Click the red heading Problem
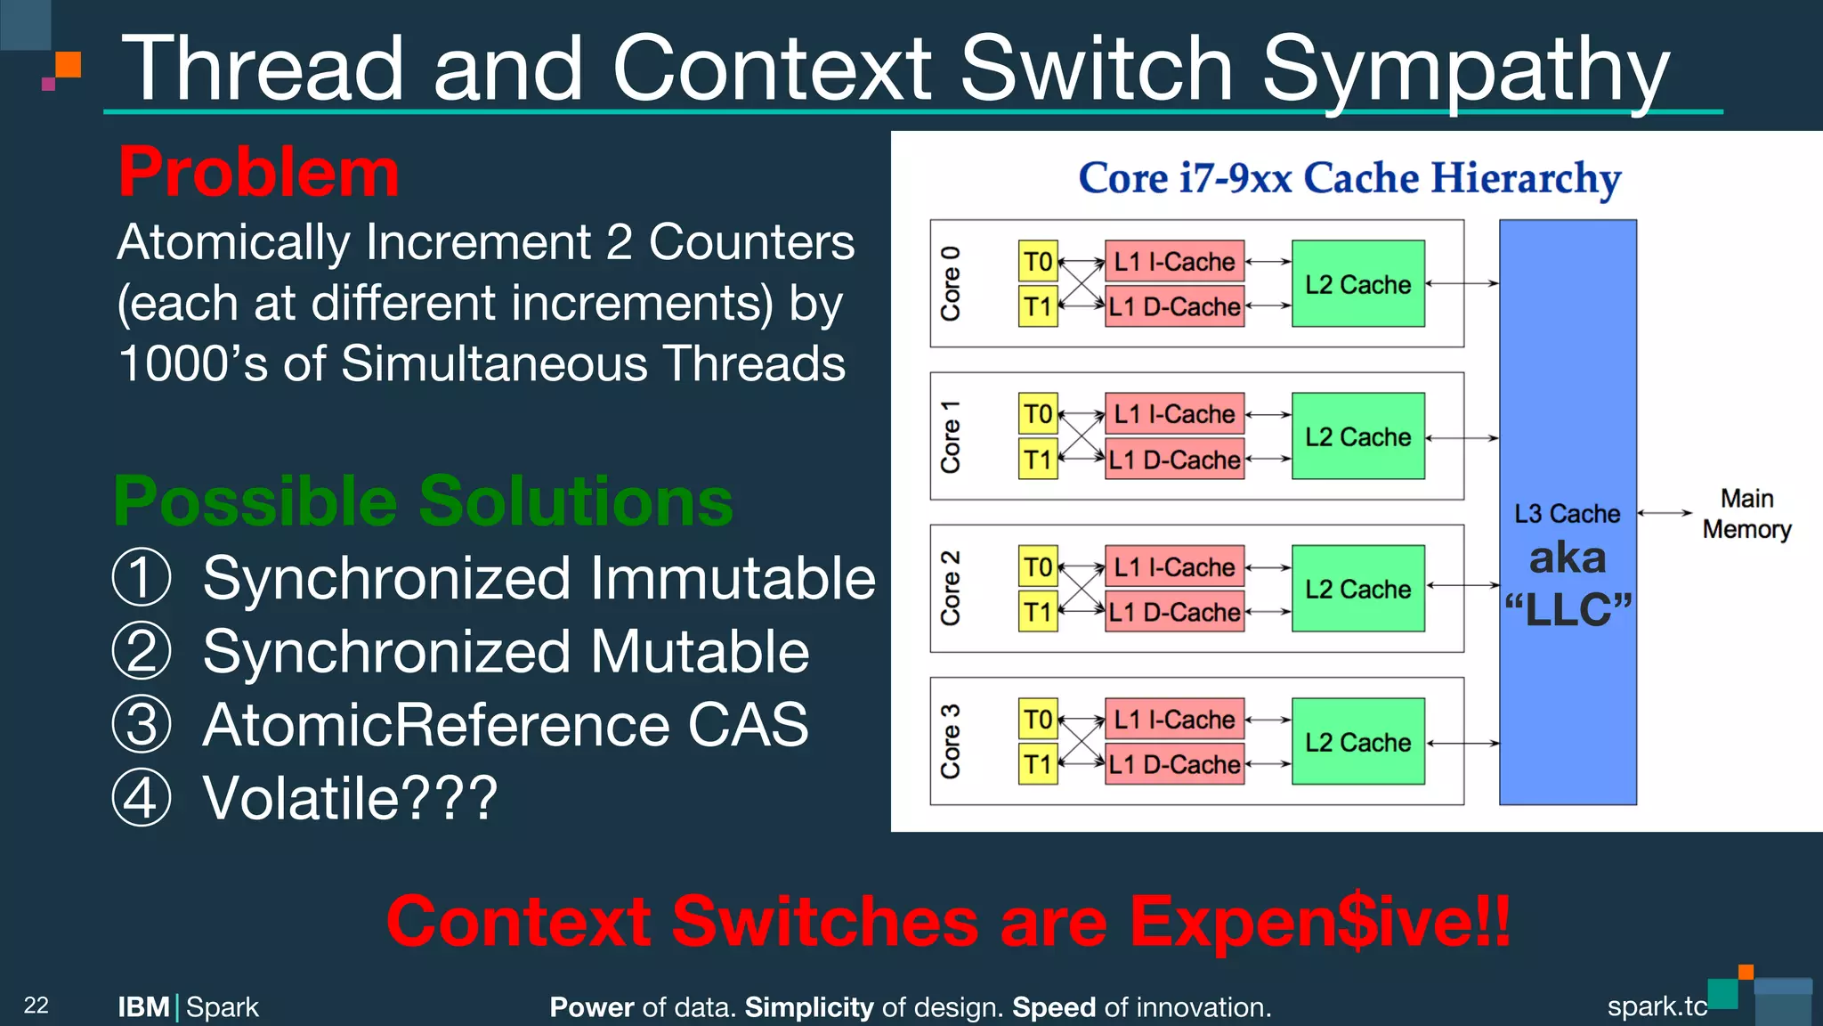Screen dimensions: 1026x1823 tap(259, 172)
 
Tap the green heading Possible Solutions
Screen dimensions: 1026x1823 tap(423, 501)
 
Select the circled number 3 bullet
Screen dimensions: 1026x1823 tap(142, 724)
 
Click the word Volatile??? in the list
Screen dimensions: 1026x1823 tap(350, 797)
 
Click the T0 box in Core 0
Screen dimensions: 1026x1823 tap(1038, 262)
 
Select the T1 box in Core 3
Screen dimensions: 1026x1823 tap(1038, 764)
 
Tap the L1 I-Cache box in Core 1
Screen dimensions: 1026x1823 tap(1174, 414)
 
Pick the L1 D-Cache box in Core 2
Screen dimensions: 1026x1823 tap(1174, 612)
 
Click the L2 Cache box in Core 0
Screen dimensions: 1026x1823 tap(1357, 284)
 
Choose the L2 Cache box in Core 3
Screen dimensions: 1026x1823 tap(1357, 742)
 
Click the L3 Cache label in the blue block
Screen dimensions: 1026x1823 tap(1567, 514)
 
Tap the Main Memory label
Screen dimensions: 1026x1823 tap(1746, 514)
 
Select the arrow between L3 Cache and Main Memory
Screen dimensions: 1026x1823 tap(1665, 513)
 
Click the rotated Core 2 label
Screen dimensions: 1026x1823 tap(951, 588)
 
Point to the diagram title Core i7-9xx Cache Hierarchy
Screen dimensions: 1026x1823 tap(1349, 178)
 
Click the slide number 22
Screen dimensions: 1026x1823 tap(36, 1006)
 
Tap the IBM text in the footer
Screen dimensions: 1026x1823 tap(143, 1007)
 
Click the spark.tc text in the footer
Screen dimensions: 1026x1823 tap(1657, 1006)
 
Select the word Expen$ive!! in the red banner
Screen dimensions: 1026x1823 tap(1320, 921)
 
